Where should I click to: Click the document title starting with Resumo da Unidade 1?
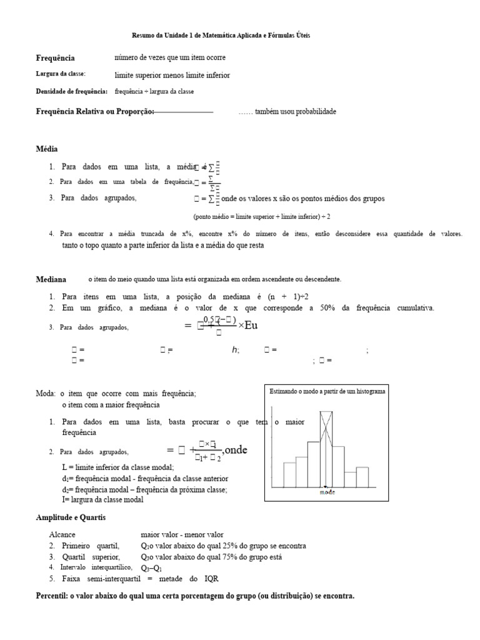click(x=221, y=36)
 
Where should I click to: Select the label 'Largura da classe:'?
click(x=60, y=74)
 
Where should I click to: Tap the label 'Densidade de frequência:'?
click(x=71, y=91)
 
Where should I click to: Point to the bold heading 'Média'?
click(x=46, y=149)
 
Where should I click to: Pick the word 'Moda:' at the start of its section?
click(x=45, y=394)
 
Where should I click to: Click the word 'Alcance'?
click(x=62, y=535)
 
